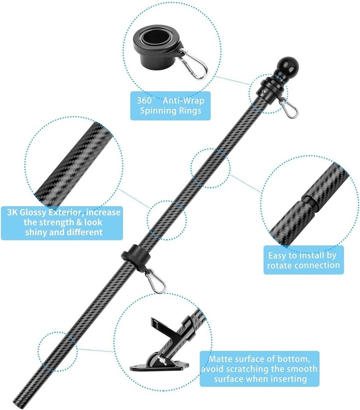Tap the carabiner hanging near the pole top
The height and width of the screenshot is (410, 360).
tap(289, 108)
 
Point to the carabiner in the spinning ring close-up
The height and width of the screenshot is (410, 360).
tap(193, 65)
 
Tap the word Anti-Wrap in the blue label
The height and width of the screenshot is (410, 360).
tap(183, 101)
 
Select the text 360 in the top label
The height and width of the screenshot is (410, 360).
tap(145, 101)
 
